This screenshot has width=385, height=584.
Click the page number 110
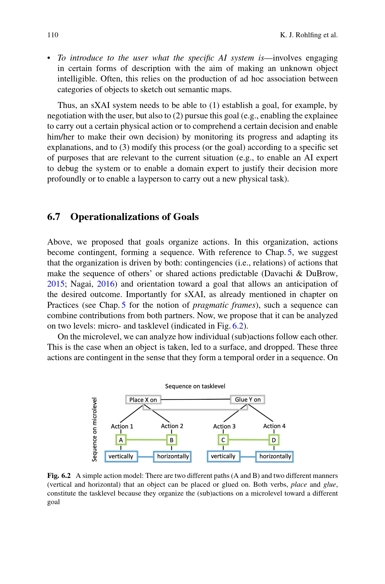pyautogui.click(x=53, y=35)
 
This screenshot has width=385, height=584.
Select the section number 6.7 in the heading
pyautogui.click(x=54, y=217)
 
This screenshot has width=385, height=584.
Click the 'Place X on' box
pyautogui.click(x=143, y=400)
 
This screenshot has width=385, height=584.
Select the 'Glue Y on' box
pyautogui.click(x=248, y=400)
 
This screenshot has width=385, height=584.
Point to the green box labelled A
pyautogui.click(x=121, y=440)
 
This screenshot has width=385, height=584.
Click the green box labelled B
pyautogui.click(x=171, y=440)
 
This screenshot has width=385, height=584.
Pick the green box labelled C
pyautogui.click(x=223, y=440)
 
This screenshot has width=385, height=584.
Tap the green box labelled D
pyautogui.click(x=274, y=440)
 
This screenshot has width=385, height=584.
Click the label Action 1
pyautogui.click(x=122, y=426)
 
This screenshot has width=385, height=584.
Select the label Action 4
pyautogui.click(x=274, y=426)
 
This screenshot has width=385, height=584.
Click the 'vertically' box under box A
pyautogui.click(x=121, y=456)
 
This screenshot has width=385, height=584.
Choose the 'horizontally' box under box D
pyautogui.click(x=275, y=456)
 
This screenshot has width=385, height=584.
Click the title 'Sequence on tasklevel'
pyautogui.click(x=195, y=386)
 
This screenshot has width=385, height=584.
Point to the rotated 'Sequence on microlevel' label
pyautogui.click(x=94, y=429)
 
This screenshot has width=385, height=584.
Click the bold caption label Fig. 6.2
pyautogui.click(x=59, y=476)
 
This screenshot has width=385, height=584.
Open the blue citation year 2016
pyautogui.click(x=105, y=284)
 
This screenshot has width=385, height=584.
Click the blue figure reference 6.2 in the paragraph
pyautogui.click(x=238, y=326)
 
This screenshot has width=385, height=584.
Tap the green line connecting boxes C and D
pyautogui.click(x=248, y=440)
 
